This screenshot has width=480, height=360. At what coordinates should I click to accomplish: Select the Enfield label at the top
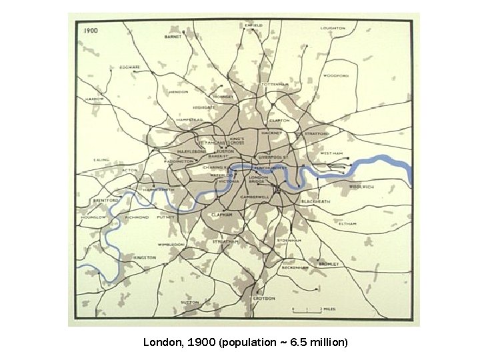click(253, 25)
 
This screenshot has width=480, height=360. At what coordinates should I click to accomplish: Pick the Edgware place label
click(129, 67)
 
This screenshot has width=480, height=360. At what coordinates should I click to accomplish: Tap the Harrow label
click(94, 99)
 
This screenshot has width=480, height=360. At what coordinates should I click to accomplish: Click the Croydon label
click(263, 298)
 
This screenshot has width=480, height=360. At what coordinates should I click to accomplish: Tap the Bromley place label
click(328, 264)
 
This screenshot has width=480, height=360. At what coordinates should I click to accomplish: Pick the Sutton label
click(190, 302)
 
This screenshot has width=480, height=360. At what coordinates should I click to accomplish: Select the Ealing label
click(101, 160)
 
